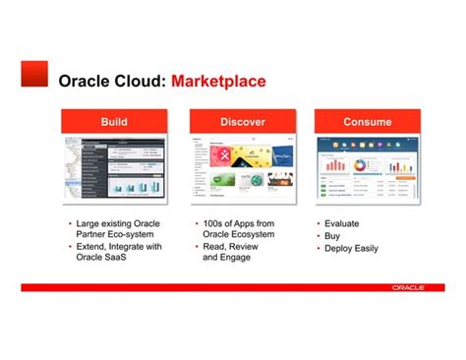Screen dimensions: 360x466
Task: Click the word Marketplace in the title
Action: (x=218, y=81)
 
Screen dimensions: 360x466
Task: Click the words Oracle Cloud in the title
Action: (x=112, y=81)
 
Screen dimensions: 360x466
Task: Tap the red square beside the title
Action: (x=34, y=73)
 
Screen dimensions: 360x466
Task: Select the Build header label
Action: (x=114, y=122)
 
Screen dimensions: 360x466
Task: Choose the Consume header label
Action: (x=367, y=122)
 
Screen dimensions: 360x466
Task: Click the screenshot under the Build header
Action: (x=114, y=168)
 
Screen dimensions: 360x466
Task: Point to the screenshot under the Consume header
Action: (x=367, y=168)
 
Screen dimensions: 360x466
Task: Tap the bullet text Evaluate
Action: (x=341, y=224)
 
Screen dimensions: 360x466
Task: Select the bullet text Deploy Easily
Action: (x=351, y=248)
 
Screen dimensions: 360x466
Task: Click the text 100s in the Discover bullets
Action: (x=214, y=224)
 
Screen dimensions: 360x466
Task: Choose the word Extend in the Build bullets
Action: (x=91, y=247)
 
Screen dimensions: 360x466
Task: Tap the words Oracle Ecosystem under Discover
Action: (x=238, y=235)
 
